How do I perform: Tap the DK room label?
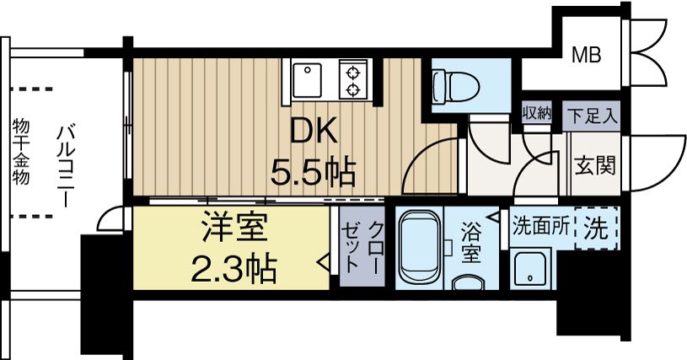(314, 132)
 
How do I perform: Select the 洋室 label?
(232, 230)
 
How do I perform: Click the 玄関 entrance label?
(594, 164)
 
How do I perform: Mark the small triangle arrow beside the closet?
(323, 264)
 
